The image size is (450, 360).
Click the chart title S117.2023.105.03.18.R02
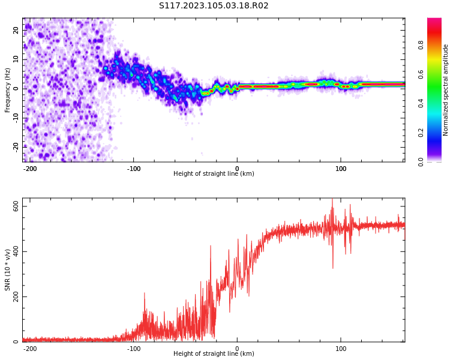(x=214, y=6)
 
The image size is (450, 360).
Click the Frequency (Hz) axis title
(x=8, y=90)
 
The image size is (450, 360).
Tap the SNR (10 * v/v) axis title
(x=8, y=271)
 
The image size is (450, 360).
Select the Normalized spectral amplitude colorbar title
(x=446, y=90)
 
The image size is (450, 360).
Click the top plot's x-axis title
(x=214, y=174)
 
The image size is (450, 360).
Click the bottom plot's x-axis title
(x=214, y=354)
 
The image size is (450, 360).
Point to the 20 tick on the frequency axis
(x=16, y=30)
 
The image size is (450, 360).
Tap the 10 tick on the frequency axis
(x=16, y=59)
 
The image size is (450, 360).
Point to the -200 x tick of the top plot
(x=30, y=168)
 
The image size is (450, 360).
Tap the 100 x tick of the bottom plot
(x=341, y=348)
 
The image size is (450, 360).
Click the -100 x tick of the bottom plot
(x=134, y=348)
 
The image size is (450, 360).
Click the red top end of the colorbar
(x=434, y=20)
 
